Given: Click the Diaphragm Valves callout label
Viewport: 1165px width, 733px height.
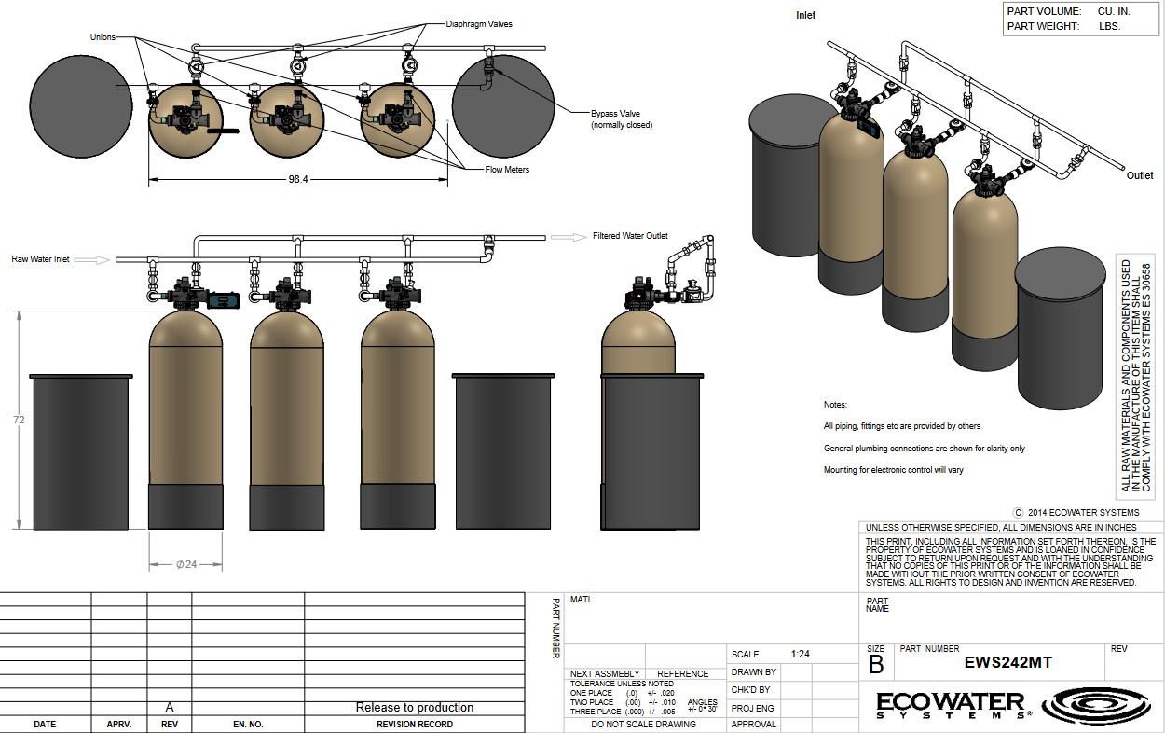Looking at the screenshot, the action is (478, 24).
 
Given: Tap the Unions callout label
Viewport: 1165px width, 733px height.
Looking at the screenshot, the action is (103, 37).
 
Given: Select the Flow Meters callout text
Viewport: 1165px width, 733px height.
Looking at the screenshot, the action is (507, 169).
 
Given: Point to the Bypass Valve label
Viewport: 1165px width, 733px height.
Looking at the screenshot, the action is (615, 114).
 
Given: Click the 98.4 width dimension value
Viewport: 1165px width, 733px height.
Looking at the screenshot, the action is (298, 179).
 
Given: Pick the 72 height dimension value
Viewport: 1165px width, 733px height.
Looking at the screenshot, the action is (19, 420).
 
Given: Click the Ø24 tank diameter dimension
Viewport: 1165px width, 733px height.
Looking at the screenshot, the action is (186, 564).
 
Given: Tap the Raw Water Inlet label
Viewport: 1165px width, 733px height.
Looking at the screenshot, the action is (41, 259).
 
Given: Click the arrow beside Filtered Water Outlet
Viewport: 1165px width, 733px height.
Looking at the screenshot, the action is (569, 237).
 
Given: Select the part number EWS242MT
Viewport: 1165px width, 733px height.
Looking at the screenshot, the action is (1007, 662).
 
